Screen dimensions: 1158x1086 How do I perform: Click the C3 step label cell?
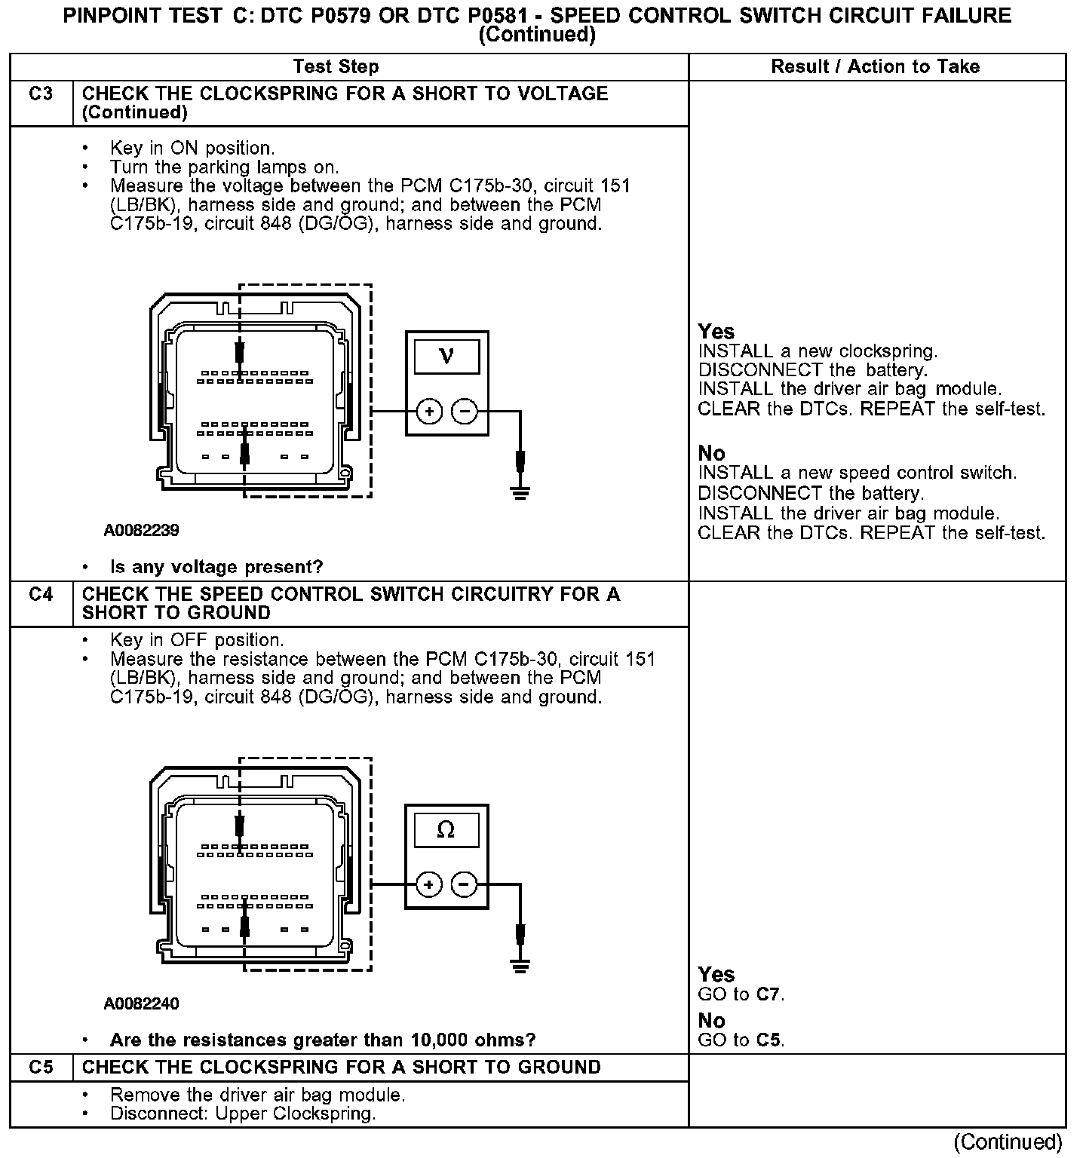pyautogui.click(x=41, y=94)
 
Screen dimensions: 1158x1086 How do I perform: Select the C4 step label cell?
pyautogui.click(x=41, y=595)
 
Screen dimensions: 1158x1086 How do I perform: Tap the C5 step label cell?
pyautogui.click(x=41, y=1068)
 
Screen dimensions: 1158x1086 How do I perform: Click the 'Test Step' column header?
pyautogui.click(x=336, y=67)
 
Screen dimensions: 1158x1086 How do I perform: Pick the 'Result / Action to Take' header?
pyautogui.click(x=875, y=67)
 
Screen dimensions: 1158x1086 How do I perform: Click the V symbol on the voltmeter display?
pyautogui.click(x=446, y=356)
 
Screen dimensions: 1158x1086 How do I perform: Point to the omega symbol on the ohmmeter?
pyautogui.click(x=446, y=830)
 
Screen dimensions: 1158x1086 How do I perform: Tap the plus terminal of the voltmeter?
pyautogui.click(x=429, y=412)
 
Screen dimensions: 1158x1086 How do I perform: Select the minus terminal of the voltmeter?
pyautogui.click(x=464, y=412)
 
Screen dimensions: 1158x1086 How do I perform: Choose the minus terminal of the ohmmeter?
pyautogui.click(x=464, y=884)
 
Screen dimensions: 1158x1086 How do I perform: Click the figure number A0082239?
pyautogui.click(x=142, y=531)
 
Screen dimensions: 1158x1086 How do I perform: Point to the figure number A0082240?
pyautogui.click(x=142, y=1004)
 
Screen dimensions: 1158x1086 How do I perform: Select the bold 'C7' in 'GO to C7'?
pyautogui.click(x=768, y=995)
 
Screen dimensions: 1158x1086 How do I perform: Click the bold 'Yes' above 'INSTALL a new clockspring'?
pyautogui.click(x=716, y=332)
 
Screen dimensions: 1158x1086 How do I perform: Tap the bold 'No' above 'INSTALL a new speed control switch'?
pyautogui.click(x=711, y=453)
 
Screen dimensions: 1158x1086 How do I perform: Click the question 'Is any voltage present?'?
pyautogui.click(x=216, y=567)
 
